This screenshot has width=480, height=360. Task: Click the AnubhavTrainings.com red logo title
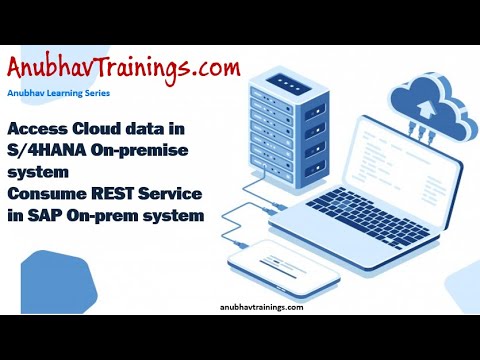click(124, 69)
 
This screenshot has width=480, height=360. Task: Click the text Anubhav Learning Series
click(58, 93)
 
